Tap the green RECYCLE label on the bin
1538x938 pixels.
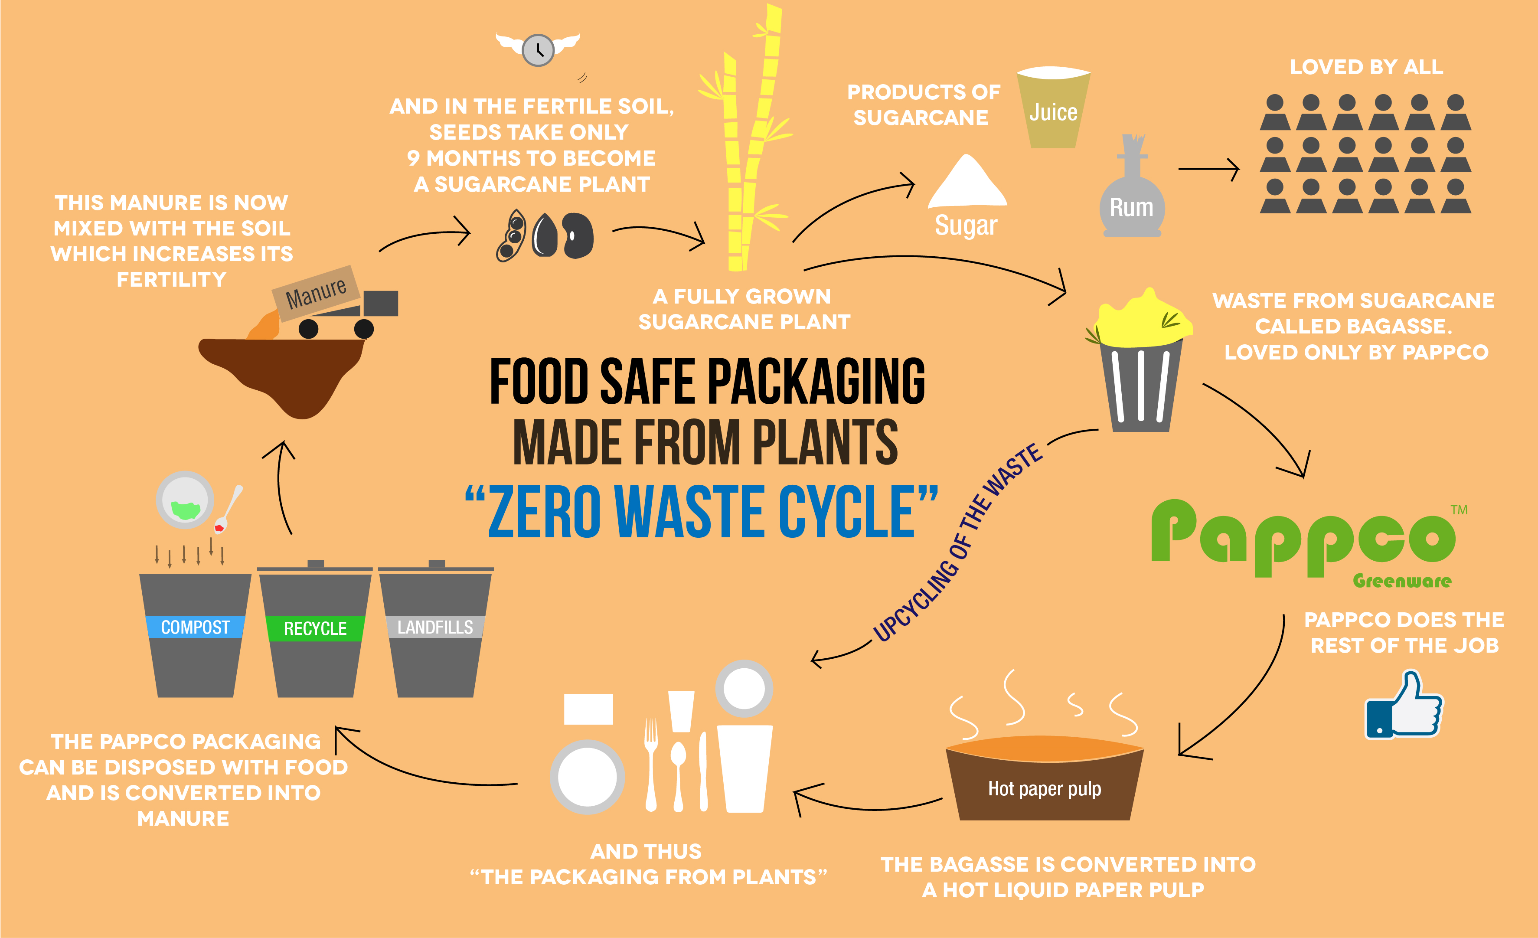[x=315, y=628]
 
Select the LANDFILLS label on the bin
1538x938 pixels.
[x=435, y=627]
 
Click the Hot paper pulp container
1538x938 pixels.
[x=1044, y=780]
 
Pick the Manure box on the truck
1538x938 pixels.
[x=316, y=293]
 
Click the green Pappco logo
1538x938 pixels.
[x=1303, y=538]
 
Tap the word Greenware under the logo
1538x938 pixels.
[x=1402, y=581]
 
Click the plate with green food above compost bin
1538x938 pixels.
[x=185, y=500]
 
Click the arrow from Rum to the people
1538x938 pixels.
[x=1208, y=169]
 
